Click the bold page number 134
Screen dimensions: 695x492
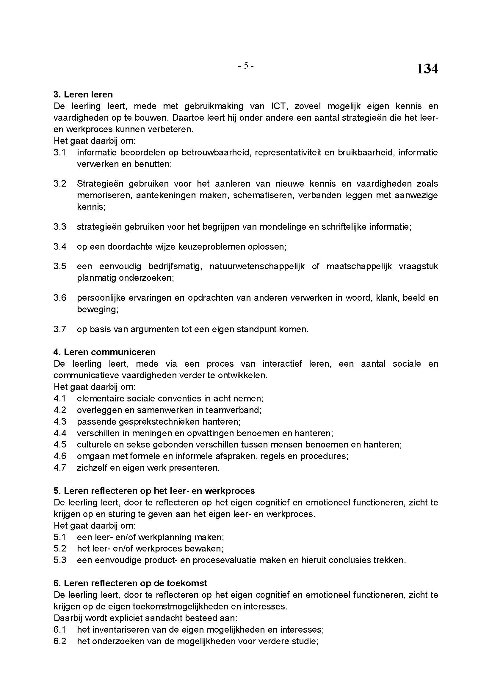(427, 69)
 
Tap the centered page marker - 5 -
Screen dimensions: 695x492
(246, 66)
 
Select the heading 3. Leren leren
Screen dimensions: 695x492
(83, 94)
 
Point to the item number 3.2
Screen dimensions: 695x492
(60, 184)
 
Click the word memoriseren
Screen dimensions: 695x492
(104, 195)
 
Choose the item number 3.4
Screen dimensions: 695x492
(60, 247)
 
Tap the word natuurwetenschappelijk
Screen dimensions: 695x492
(257, 266)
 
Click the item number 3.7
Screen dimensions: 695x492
(60, 329)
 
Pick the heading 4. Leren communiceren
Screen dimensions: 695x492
(104, 352)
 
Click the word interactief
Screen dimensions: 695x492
(282, 364)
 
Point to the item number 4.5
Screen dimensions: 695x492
(60, 445)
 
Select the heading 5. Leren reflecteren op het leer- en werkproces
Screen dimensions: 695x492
(154, 491)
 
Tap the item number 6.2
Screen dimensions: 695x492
(60, 642)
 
